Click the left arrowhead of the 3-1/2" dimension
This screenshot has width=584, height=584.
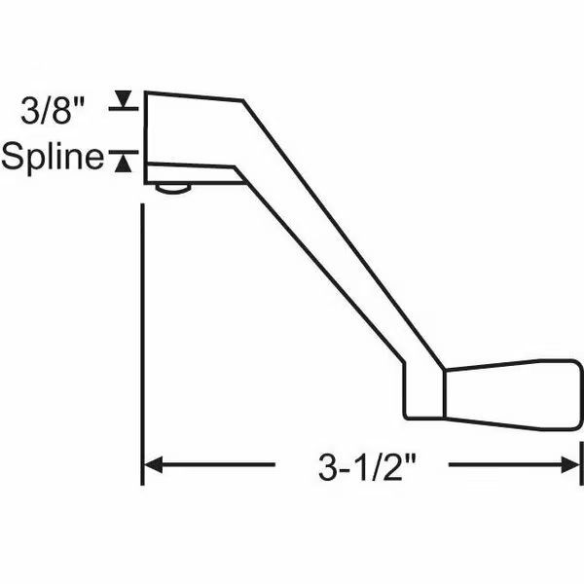pos(154,465)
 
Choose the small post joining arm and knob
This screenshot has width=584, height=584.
pos(424,394)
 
